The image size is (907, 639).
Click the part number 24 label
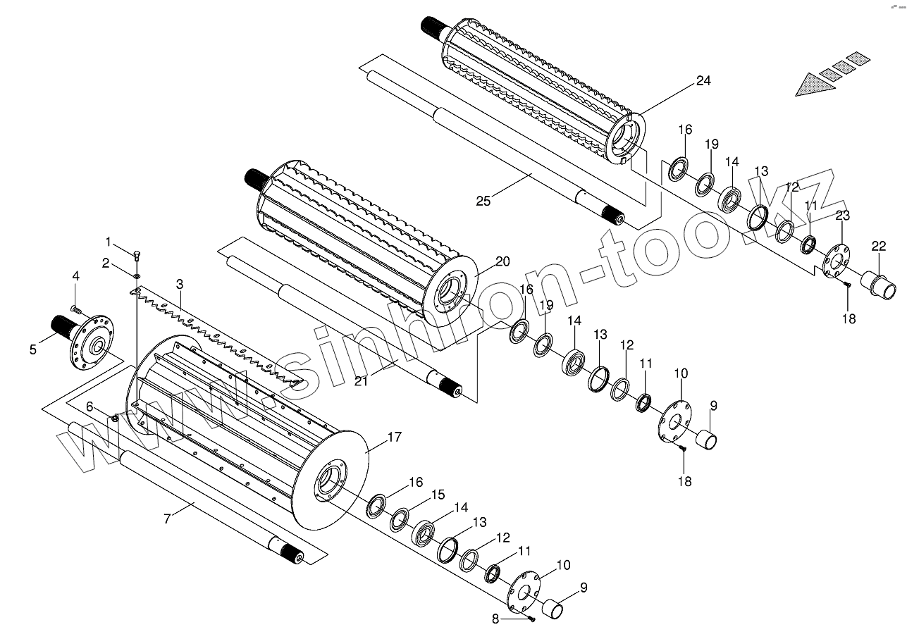[x=703, y=80]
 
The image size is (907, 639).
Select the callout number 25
[x=483, y=201]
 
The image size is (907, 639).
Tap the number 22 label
[x=878, y=246]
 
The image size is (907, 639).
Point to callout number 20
[x=502, y=261]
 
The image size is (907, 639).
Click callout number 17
[x=394, y=437]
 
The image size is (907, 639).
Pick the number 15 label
[x=438, y=495]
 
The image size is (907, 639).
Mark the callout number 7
[x=166, y=520]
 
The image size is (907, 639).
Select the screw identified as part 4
[x=76, y=309]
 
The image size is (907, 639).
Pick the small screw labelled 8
[x=531, y=618]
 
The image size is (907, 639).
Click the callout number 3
[x=180, y=284]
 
